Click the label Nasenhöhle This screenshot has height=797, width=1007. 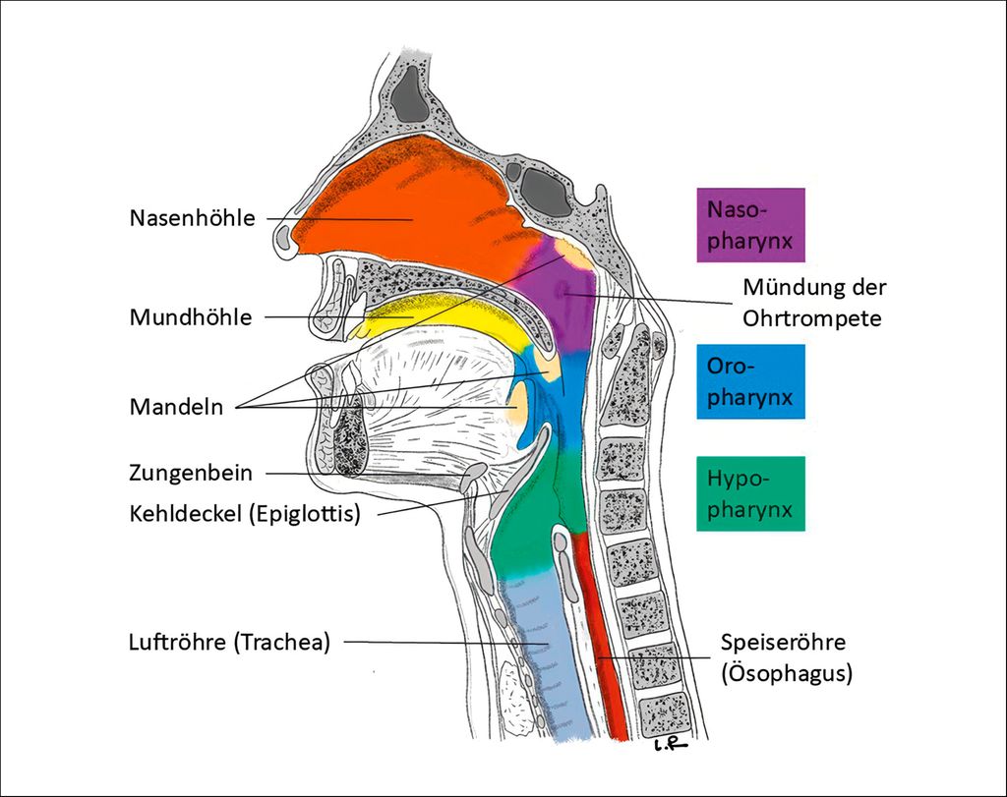[192, 217]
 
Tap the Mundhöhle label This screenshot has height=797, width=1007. [191, 317]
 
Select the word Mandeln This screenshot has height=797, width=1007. [176, 406]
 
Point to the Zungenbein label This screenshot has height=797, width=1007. [191, 473]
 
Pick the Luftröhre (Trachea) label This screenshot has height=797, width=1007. [229, 643]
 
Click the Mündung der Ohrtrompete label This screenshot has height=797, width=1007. [814, 303]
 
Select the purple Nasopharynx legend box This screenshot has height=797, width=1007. [750, 225]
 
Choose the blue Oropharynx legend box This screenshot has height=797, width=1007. [750, 381]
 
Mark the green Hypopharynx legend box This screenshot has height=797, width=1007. [749, 494]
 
